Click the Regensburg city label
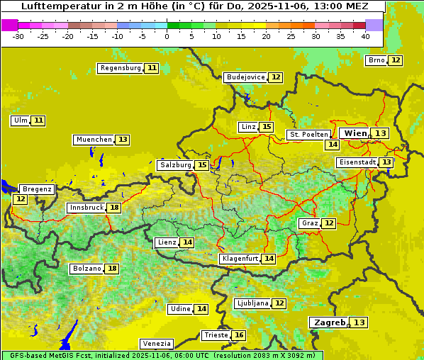(x=121, y=68)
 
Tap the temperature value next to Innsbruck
(x=114, y=208)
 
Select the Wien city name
(x=355, y=133)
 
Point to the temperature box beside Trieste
(x=240, y=335)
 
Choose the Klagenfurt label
(x=239, y=259)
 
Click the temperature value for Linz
(x=266, y=127)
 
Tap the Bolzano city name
(x=87, y=269)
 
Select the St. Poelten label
(x=308, y=134)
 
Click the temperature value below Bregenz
(x=20, y=199)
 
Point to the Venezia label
(x=156, y=344)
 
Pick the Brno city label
(x=376, y=60)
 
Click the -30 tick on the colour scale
(x=18, y=36)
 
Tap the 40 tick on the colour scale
(x=365, y=36)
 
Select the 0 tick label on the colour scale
(x=167, y=36)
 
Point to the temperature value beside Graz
(x=329, y=223)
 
